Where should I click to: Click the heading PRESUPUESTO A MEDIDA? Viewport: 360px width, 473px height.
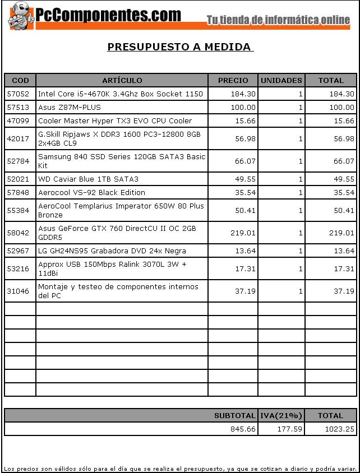(179, 47)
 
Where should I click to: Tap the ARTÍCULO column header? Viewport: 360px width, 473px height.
(122, 81)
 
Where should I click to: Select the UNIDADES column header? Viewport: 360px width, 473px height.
(281, 81)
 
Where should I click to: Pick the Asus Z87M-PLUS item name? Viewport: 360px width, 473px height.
(70, 108)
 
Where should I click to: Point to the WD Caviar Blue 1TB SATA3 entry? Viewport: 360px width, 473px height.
(88, 179)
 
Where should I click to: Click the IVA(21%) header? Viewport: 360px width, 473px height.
(281, 416)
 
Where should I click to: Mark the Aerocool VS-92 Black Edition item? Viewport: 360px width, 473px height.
(91, 193)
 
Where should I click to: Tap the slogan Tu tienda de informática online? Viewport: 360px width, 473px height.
(278, 20)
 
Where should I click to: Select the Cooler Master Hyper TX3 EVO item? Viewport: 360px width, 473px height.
(115, 121)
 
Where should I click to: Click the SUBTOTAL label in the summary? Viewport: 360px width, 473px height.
(234, 416)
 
